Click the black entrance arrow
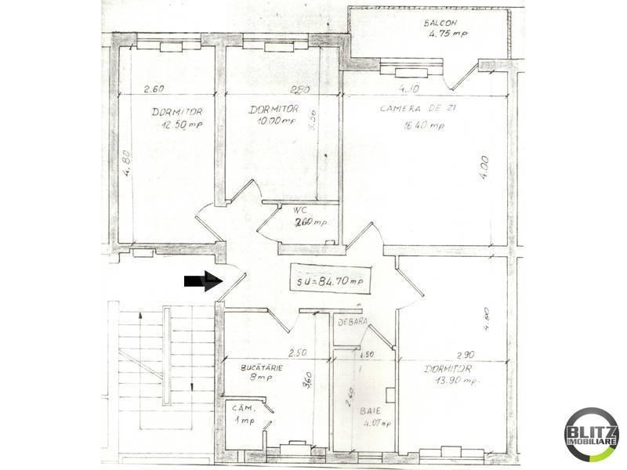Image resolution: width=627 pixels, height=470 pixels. pyautogui.click(x=200, y=281)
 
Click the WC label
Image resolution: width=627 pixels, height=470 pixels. pyautogui.click(x=299, y=210)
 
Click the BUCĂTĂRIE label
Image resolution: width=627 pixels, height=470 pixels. pyautogui.click(x=263, y=367)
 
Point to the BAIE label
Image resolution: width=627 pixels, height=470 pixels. pyautogui.click(x=370, y=410)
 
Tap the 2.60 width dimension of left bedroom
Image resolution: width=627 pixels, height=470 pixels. pyautogui.click(x=155, y=89)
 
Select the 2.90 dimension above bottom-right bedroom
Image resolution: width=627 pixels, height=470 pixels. pyautogui.click(x=465, y=356)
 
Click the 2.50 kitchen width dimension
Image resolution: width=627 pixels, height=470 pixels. pyautogui.click(x=298, y=352)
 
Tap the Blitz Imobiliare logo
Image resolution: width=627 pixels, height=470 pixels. pyautogui.click(x=592, y=436)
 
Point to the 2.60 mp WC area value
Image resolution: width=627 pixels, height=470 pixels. pyautogui.click(x=310, y=222)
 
